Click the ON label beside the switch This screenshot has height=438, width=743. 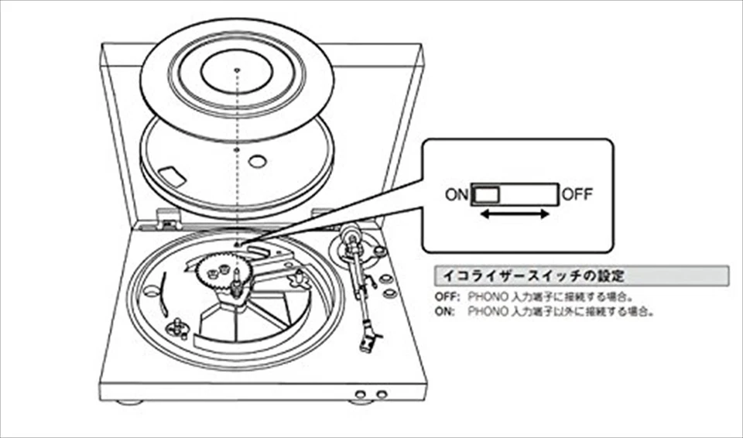point(457,194)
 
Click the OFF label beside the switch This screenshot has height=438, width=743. point(577,194)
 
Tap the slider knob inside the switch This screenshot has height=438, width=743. point(487,194)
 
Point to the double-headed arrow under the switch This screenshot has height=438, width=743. point(515,214)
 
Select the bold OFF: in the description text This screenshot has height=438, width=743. point(447,296)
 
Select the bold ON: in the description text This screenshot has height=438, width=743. point(445,312)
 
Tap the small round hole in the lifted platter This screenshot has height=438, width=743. point(258,163)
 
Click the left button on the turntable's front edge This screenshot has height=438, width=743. point(359,393)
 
